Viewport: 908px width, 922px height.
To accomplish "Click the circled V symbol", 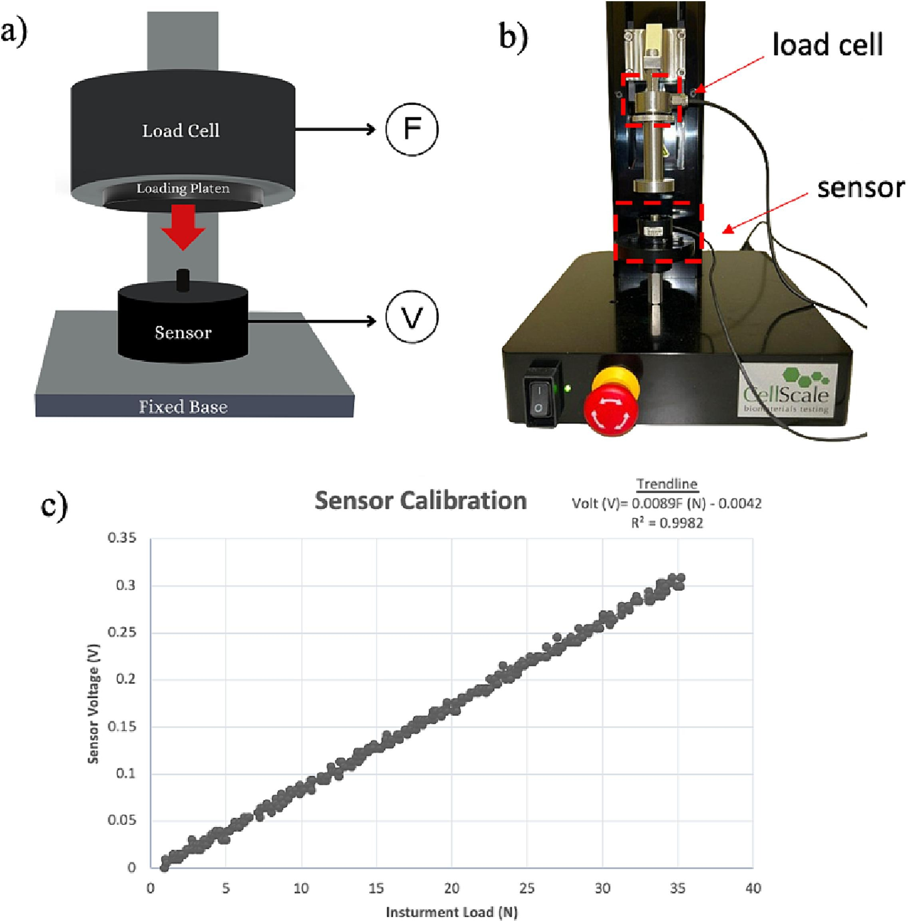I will point(411,317).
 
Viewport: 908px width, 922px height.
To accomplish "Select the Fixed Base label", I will point(183,406).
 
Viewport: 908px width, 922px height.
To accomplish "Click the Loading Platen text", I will point(183,189).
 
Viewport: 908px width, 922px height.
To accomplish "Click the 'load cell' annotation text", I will point(827,45).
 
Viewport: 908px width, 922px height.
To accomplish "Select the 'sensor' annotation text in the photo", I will point(861,187).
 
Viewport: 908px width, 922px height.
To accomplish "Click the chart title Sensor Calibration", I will point(421,501).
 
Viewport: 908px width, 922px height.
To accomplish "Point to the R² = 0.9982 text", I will point(667,523).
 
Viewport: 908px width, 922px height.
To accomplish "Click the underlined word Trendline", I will point(667,484).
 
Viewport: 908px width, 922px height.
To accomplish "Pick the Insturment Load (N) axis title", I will point(452,912).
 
